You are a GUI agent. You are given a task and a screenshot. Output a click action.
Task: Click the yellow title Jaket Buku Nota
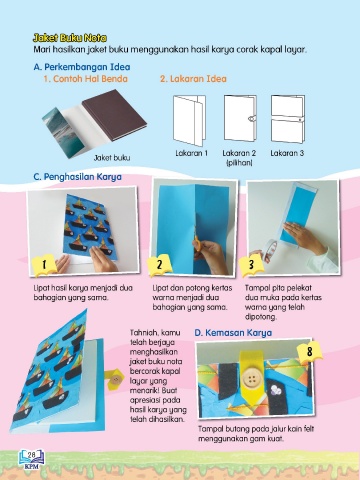(x=70, y=38)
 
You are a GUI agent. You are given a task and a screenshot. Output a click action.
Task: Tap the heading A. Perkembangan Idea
(x=82, y=67)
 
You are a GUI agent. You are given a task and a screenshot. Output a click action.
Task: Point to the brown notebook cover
(x=114, y=114)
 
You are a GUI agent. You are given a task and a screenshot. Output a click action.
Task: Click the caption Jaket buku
(x=112, y=158)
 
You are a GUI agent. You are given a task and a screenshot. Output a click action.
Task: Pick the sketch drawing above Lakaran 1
(x=189, y=120)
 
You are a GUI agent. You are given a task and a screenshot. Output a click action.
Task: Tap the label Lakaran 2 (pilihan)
(x=239, y=158)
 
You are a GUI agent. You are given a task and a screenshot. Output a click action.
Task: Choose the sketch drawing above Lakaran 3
(x=288, y=119)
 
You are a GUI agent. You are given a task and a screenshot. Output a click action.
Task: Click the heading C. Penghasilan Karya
(x=77, y=177)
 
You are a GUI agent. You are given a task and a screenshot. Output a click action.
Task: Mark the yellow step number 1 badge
(x=44, y=265)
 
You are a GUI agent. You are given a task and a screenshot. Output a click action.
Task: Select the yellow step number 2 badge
(x=160, y=265)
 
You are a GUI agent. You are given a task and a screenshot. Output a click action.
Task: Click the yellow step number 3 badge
(x=251, y=265)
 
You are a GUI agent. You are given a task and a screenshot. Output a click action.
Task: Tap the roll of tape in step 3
(x=270, y=250)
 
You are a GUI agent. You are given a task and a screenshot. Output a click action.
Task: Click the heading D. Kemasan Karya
(x=233, y=333)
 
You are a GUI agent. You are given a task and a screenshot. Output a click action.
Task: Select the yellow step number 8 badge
(x=310, y=351)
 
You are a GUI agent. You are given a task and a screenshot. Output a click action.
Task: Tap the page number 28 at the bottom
(x=32, y=455)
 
